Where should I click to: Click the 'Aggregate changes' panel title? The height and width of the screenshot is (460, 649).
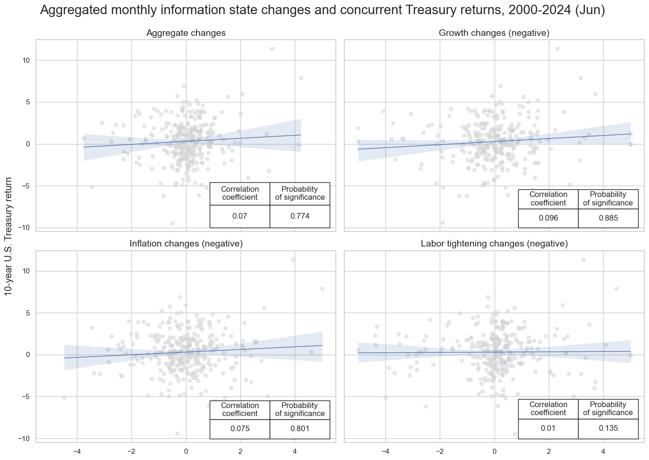pos(186,33)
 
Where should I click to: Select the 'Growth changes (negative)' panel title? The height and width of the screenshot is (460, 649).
pos(494,33)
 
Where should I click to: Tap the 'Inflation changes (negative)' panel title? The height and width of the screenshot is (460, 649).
pos(186,244)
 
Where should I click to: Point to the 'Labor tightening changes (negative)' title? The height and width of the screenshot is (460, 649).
pos(494,244)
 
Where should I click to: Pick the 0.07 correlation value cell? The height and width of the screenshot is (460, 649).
pos(239,216)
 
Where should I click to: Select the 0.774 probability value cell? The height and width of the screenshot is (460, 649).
pos(300,216)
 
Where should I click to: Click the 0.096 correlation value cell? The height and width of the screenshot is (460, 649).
pos(548,218)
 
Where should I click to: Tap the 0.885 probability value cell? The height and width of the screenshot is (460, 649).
pos(608,218)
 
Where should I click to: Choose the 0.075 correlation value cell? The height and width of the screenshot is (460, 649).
pos(239,429)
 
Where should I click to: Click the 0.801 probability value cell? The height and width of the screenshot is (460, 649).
pos(300,429)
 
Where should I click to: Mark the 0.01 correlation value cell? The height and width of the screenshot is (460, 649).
pos(548,428)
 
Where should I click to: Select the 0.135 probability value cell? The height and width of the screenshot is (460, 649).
pos(608,428)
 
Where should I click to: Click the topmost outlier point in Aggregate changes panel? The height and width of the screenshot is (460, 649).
pos(272,49)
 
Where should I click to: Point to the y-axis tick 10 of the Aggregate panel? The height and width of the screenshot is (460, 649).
pos(25,60)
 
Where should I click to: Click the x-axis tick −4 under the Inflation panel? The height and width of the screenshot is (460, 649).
pos(77,451)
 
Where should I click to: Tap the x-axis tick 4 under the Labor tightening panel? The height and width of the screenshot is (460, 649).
pos(603,451)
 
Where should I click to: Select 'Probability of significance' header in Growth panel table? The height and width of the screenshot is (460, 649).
pos(608,198)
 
